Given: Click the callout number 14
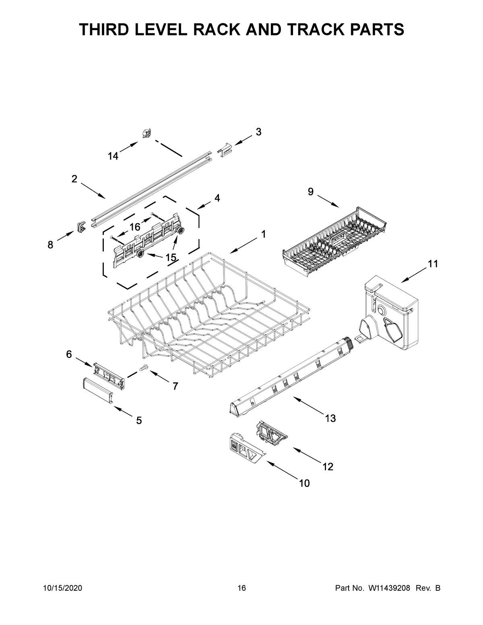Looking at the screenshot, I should click(113, 157).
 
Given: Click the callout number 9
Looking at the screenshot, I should click(311, 192).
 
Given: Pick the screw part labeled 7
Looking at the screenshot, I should click(144, 367).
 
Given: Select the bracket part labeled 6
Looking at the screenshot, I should click(109, 375).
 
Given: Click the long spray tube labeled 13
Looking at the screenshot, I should click(290, 376).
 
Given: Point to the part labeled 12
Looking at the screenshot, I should click(272, 433).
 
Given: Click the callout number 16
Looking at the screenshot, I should click(134, 227).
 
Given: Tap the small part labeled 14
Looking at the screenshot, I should click(147, 133).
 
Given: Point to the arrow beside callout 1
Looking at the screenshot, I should click(243, 245).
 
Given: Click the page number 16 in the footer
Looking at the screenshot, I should click(242, 588).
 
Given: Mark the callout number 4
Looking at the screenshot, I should click(217, 198).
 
